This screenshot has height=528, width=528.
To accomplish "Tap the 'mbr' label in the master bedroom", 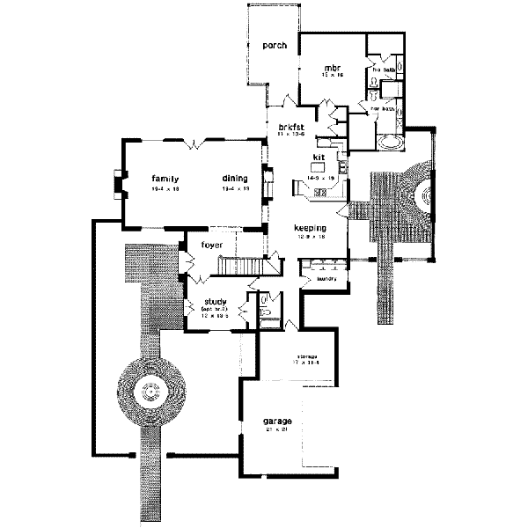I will pos(332,68).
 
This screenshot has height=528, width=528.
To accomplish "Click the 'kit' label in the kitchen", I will pos(319,158).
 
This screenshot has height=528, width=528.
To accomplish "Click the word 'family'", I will pos(165,178).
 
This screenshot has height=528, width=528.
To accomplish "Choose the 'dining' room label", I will pos(234,178).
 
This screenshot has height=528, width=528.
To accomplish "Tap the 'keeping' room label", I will pos(310,228).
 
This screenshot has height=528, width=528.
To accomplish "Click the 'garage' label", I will pos(276,422).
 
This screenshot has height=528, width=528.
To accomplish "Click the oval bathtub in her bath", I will pos(389,142).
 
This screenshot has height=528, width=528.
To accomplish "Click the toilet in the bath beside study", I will pos(266,309).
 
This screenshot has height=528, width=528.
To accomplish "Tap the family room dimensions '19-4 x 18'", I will pos(165,189).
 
